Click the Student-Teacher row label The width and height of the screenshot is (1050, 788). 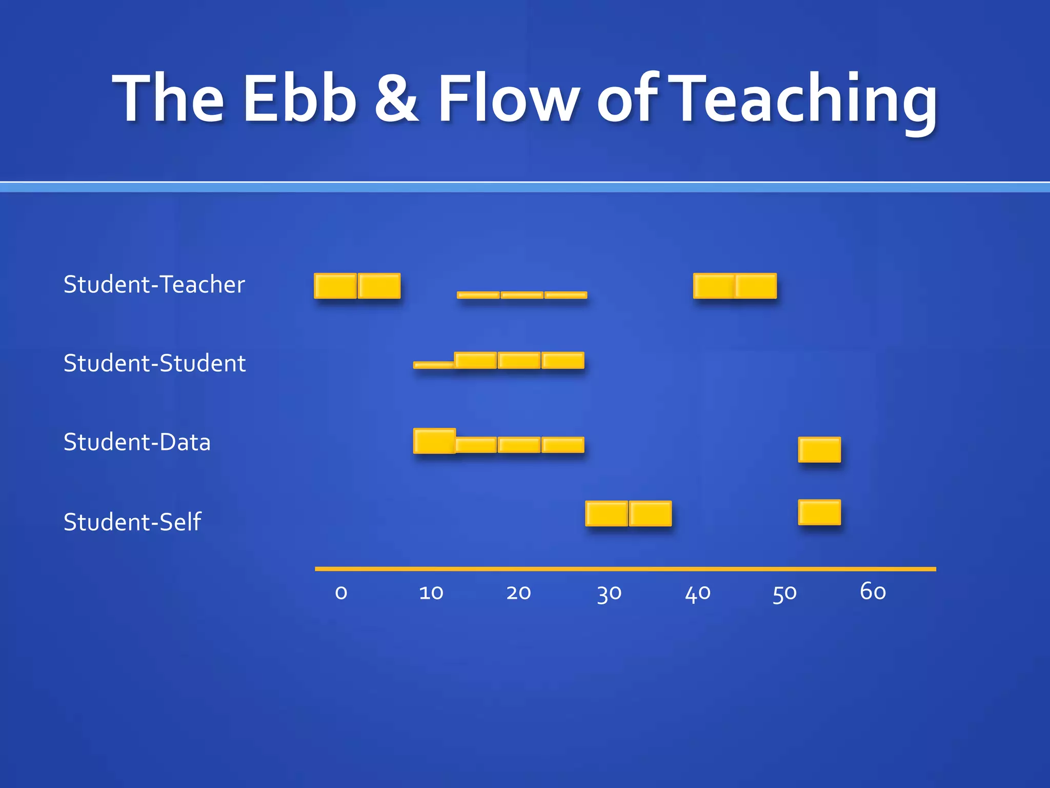[154, 284]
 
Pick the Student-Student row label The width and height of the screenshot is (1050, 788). [154, 363]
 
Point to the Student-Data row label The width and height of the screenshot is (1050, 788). [137, 442]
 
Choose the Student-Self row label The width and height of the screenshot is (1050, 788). [132, 522]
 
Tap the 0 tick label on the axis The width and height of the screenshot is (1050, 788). [341, 593]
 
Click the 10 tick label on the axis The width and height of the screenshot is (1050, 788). [431, 593]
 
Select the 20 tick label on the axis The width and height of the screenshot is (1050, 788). [518, 593]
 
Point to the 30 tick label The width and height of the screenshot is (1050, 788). [609, 594]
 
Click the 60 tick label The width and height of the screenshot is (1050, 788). [873, 592]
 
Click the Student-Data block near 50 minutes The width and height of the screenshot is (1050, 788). [819, 449]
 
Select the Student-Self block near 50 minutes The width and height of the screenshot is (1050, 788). [819, 512]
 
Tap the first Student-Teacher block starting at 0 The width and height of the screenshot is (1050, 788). [335, 286]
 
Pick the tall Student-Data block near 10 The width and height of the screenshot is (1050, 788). [434, 441]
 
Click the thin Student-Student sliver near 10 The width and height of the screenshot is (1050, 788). [434, 365]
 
